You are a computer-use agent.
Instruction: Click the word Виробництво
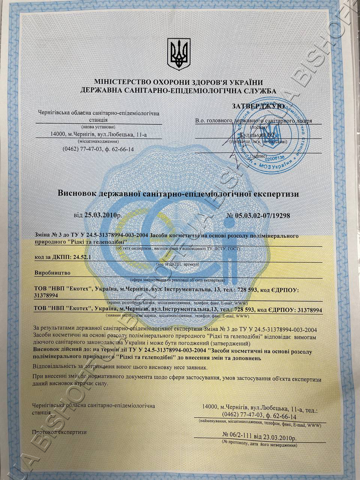(52, 273)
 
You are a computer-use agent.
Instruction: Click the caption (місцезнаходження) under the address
(98, 141)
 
